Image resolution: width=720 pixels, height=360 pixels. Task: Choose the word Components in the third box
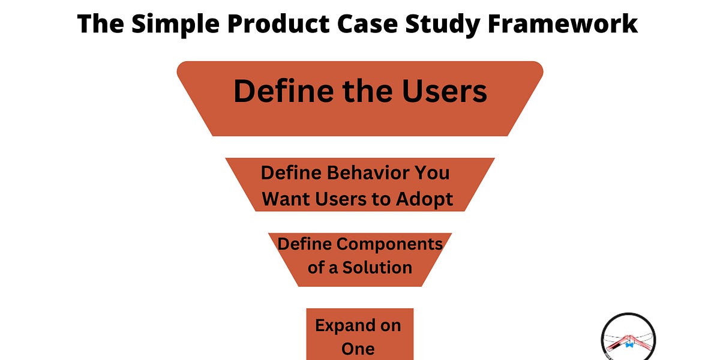click(x=388, y=244)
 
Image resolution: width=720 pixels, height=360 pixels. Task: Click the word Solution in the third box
click(x=377, y=267)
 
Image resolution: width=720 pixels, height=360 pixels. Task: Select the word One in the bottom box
click(x=358, y=349)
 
